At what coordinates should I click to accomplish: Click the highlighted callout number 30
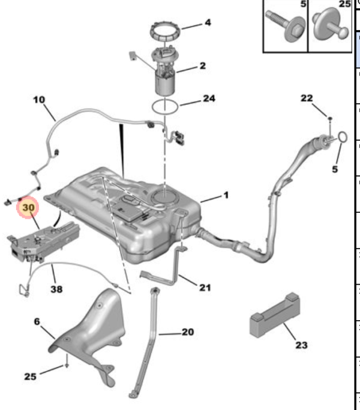[29, 207]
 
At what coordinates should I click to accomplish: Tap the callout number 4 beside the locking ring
[207, 23]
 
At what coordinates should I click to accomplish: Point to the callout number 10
[39, 100]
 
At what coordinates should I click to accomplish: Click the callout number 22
[307, 98]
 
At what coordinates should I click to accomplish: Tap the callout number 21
[205, 288]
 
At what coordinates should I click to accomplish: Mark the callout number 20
[187, 331]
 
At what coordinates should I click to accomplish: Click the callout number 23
[301, 345]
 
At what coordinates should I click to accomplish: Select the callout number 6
[37, 322]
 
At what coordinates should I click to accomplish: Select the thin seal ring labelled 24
[165, 108]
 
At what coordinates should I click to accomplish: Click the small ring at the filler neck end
[341, 138]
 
